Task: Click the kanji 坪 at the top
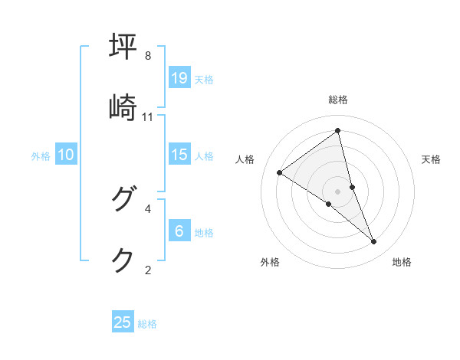tap(123, 46)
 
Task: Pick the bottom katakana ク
tap(123, 260)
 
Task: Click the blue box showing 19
tap(179, 77)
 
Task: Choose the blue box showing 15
tap(179, 155)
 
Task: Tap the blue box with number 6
tap(179, 231)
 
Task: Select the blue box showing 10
tap(66, 155)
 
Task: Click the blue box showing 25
tap(123, 322)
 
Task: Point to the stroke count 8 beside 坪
tap(148, 56)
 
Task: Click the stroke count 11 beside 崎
tap(148, 116)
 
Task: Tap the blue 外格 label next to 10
tap(41, 156)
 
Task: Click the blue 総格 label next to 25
tap(147, 324)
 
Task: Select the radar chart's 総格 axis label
tap(337, 100)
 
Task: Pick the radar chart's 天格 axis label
tap(431, 159)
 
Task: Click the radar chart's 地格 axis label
tap(402, 262)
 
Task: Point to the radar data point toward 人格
tap(280, 172)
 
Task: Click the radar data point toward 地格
tap(374, 242)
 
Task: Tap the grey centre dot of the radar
tap(337, 191)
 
